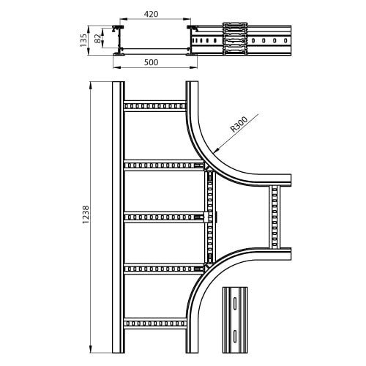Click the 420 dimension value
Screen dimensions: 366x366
[x=151, y=14]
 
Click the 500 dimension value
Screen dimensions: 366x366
[x=151, y=62]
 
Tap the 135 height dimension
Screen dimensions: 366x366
[x=83, y=40]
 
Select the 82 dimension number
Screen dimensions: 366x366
[x=97, y=39]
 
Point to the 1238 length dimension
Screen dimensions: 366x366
[x=86, y=214]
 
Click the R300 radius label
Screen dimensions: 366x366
[x=239, y=124]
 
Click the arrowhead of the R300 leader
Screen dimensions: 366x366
[x=216, y=151]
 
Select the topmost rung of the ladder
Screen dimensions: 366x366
[x=155, y=106]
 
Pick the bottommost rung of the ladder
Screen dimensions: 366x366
[x=155, y=324]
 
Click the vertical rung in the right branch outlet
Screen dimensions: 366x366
[x=274, y=217]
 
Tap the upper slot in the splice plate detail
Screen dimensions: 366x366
[x=235, y=303]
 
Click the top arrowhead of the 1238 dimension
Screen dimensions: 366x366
[x=91, y=85]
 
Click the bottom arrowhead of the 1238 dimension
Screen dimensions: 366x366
[x=91, y=349]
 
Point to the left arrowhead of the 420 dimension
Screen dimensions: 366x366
[x=123, y=18]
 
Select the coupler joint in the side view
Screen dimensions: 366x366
[x=235, y=39]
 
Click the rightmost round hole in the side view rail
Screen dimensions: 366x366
[x=285, y=40]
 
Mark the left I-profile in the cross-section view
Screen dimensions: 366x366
[x=119, y=40]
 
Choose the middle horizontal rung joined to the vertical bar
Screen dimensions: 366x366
[x=164, y=217]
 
